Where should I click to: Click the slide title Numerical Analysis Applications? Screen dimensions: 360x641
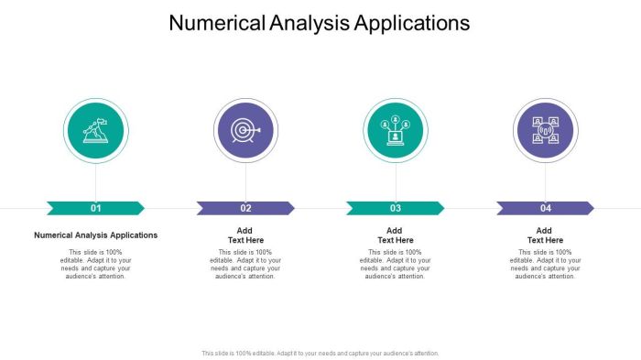(x=320, y=23)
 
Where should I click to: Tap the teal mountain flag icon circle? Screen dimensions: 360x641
(x=96, y=131)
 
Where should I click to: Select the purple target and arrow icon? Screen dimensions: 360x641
(x=245, y=131)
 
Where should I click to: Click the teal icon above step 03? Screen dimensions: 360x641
(x=396, y=131)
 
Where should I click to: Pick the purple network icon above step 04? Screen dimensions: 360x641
(x=546, y=131)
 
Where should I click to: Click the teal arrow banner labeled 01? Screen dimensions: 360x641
(x=95, y=208)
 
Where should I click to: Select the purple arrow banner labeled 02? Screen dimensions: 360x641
(x=245, y=208)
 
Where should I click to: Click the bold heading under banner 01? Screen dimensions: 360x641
(x=96, y=235)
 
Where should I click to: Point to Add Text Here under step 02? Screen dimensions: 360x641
(x=245, y=235)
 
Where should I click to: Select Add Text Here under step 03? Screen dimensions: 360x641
(x=396, y=235)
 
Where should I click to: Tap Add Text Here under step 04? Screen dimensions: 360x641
(x=546, y=235)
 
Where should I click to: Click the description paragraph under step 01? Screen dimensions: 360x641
(x=96, y=264)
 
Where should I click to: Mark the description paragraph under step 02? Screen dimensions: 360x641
(x=245, y=264)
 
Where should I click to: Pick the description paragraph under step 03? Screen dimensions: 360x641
(x=396, y=264)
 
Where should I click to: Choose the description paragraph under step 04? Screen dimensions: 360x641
(x=546, y=264)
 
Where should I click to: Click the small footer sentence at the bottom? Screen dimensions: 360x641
(x=320, y=353)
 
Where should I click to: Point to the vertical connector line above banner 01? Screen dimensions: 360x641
(x=96, y=181)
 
